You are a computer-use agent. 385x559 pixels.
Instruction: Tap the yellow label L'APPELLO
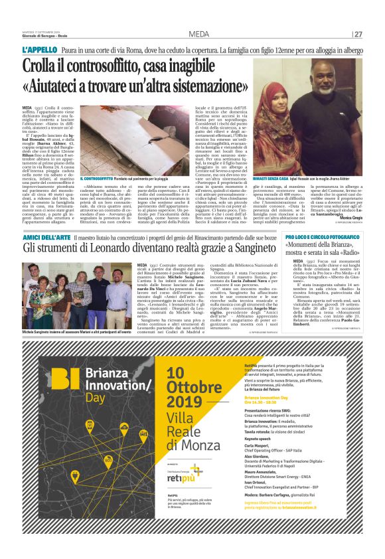[x=38, y=50]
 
